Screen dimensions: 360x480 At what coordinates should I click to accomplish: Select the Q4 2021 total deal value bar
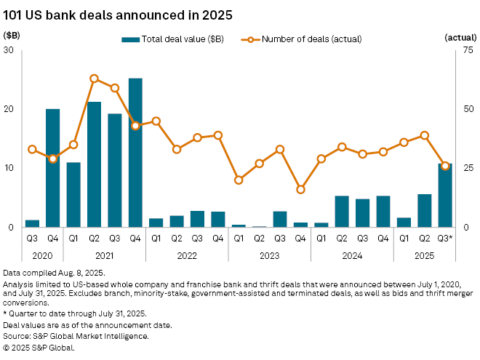click(x=135, y=153)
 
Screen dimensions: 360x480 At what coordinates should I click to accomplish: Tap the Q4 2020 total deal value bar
click(x=52, y=168)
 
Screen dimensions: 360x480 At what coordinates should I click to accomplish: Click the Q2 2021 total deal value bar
click(x=94, y=164)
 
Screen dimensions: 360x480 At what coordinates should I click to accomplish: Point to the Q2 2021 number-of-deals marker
click(x=94, y=78)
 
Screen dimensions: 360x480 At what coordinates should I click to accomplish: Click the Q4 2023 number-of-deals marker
click(x=300, y=189)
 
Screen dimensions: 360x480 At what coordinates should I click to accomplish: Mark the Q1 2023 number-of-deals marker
click(x=239, y=180)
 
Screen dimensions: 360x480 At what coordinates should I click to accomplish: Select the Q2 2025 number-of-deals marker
click(x=425, y=135)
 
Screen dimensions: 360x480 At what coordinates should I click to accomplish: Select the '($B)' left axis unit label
click(x=12, y=34)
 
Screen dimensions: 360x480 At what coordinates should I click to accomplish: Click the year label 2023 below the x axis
click(x=270, y=255)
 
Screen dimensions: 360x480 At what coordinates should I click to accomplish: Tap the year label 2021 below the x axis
click(x=104, y=255)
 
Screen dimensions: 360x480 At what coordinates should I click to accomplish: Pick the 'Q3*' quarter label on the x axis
click(x=445, y=239)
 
